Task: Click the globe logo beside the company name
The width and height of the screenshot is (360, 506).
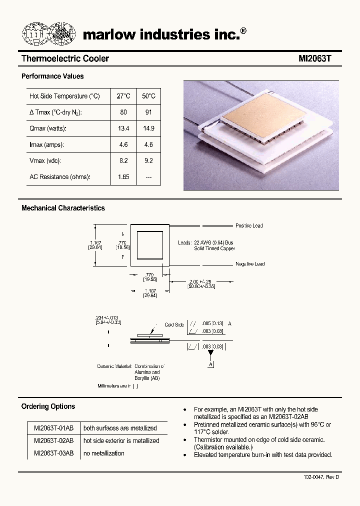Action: point(48,33)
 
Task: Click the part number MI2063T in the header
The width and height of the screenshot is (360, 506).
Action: point(315,59)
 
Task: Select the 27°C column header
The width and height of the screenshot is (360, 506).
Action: point(123,96)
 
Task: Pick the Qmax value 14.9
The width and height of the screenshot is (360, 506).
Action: point(148,128)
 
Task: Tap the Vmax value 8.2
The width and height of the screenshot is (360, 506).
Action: point(123,161)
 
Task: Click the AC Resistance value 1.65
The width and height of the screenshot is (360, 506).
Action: point(123,177)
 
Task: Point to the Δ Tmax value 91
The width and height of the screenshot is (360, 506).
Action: point(148,112)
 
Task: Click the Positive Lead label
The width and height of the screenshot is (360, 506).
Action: point(249,226)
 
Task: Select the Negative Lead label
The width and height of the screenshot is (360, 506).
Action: point(250,264)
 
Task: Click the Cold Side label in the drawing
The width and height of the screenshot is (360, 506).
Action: point(174,324)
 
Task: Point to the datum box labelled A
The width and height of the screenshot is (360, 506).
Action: point(210,364)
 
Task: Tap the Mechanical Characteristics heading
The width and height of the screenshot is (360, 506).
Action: point(63,208)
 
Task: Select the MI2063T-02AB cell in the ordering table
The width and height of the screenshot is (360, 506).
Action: point(53,440)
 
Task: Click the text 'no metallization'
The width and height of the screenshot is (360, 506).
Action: point(104,453)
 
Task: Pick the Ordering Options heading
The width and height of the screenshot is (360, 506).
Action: point(48,406)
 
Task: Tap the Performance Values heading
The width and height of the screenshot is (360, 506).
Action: point(52,76)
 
